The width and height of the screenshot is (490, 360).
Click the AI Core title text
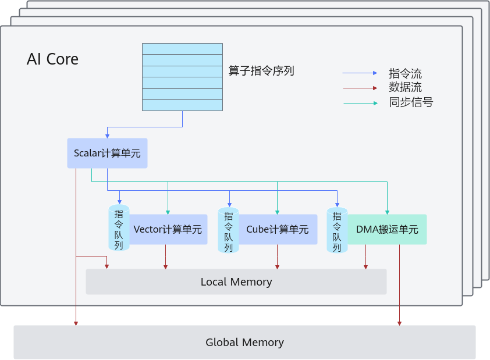52,59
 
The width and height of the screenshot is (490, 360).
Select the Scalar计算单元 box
107,154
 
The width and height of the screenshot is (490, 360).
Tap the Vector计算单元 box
168,230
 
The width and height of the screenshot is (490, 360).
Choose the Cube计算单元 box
278,230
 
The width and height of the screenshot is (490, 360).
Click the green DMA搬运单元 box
387,230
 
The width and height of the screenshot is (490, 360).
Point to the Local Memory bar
236,281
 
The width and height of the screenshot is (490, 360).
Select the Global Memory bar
244,342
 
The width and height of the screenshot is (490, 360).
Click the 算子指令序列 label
261,71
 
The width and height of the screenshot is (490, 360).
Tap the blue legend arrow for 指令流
360,73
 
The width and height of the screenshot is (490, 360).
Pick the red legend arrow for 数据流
360,88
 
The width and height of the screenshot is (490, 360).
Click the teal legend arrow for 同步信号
361,103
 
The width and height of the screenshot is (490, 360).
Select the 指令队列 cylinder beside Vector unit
119,227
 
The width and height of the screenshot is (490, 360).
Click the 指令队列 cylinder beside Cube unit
229,230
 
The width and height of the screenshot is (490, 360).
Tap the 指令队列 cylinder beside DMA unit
337,230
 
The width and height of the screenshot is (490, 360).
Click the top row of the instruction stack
183,49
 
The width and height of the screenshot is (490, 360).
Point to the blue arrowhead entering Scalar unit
107,136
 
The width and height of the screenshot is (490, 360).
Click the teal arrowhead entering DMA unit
387,212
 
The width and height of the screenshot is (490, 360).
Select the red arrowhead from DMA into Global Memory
399,323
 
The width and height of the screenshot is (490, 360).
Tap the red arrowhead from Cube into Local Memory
277,267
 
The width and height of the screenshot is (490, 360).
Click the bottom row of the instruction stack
183,105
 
